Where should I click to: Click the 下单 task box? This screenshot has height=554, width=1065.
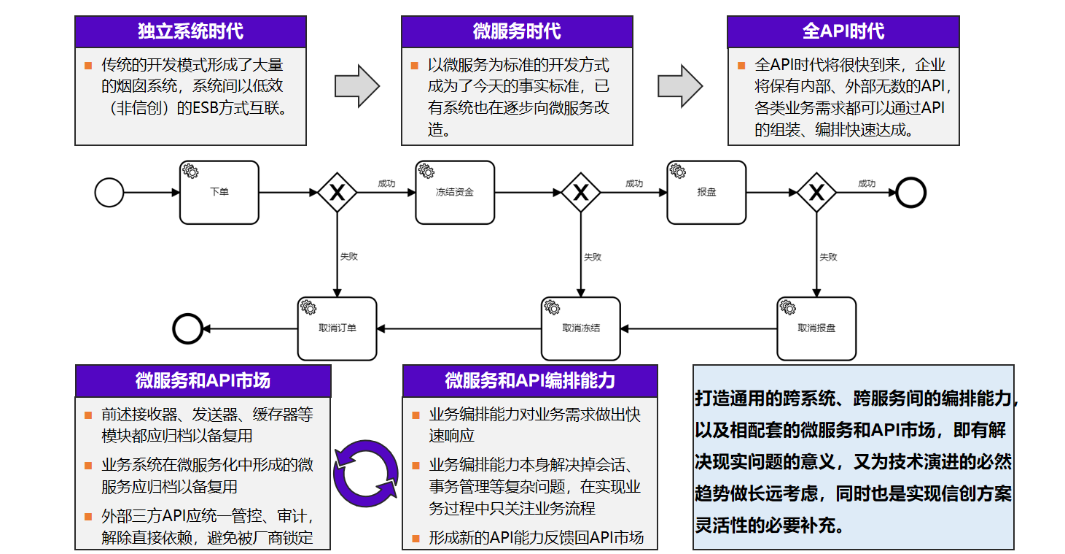(x=219, y=192)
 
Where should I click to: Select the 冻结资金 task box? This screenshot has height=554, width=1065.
(x=455, y=192)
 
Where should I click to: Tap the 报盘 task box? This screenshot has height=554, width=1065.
(x=706, y=192)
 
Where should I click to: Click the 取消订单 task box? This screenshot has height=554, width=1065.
(x=338, y=328)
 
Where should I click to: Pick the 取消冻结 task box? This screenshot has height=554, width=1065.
(x=581, y=328)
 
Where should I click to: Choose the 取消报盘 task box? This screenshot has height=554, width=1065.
(x=816, y=328)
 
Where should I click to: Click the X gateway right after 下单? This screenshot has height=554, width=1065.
(x=337, y=193)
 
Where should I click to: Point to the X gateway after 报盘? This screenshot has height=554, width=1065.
(x=816, y=193)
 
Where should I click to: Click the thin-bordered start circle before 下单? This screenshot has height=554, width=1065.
(x=109, y=193)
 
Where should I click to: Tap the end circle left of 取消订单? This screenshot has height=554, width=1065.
(x=187, y=328)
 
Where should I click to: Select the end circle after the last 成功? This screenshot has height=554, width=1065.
(x=910, y=193)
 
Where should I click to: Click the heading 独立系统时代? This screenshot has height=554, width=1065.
(x=190, y=31)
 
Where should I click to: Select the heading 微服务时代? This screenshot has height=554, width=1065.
(x=517, y=31)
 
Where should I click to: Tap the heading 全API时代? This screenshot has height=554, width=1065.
(x=843, y=31)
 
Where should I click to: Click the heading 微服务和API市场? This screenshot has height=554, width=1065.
(x=203, y=380)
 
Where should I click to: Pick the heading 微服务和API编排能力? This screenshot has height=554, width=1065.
(x=530, y=380)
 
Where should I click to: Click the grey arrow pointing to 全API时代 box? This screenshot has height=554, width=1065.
(x=680, y=86)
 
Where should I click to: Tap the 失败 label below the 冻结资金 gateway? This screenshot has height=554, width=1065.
(x=592, y=257)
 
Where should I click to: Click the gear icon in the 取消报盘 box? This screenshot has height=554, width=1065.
(x=788, y=307)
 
